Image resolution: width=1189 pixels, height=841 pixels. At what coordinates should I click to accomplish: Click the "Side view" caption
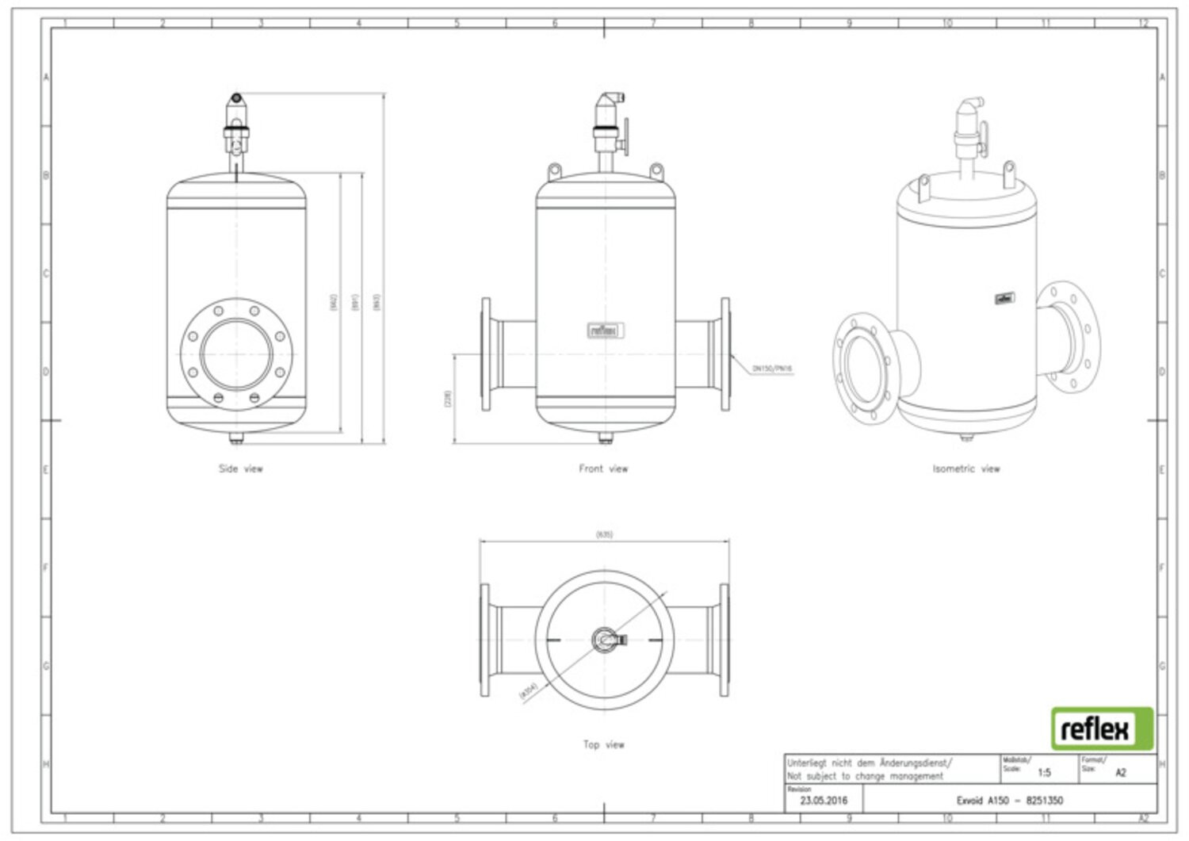(240, 468)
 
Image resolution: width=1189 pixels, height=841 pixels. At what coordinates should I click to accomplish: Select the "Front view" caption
(603, 468)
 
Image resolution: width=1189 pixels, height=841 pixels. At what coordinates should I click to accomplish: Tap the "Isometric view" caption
(965, 468)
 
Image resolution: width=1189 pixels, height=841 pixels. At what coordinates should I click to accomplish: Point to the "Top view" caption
(603, 744)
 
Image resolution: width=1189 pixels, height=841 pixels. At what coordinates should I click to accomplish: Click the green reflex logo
(1102, 728)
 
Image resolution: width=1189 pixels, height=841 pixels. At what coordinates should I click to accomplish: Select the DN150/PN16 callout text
(772, 369)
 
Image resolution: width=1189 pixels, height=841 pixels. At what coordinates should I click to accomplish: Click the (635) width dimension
(604, 534)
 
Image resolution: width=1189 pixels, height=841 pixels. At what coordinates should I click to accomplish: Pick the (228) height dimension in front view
(448, 399)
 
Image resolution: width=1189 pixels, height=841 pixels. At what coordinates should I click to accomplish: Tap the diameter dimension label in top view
(529, 690)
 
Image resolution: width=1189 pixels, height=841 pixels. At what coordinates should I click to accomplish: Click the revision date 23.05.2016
(824, 800)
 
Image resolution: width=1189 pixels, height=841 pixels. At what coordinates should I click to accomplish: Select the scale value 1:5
(1044, 772)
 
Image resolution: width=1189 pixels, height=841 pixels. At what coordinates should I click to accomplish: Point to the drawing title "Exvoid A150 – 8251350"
(1009, 800)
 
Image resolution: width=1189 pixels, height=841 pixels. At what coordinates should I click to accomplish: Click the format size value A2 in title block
(1120, 772)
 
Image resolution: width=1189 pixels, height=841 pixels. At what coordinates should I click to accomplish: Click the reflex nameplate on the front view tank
(606, 331)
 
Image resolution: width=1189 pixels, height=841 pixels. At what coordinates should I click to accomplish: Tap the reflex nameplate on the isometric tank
(1004, 299)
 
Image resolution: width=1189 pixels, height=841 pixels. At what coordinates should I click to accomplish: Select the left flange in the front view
(486, 354)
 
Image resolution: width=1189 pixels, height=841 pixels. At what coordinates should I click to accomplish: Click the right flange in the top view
(724, 640)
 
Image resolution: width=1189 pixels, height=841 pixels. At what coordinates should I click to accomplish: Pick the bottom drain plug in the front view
(605, 438)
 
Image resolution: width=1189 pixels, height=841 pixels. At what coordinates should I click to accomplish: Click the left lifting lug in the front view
(554, 171)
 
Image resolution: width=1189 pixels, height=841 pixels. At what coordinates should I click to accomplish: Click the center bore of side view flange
(235, 354)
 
